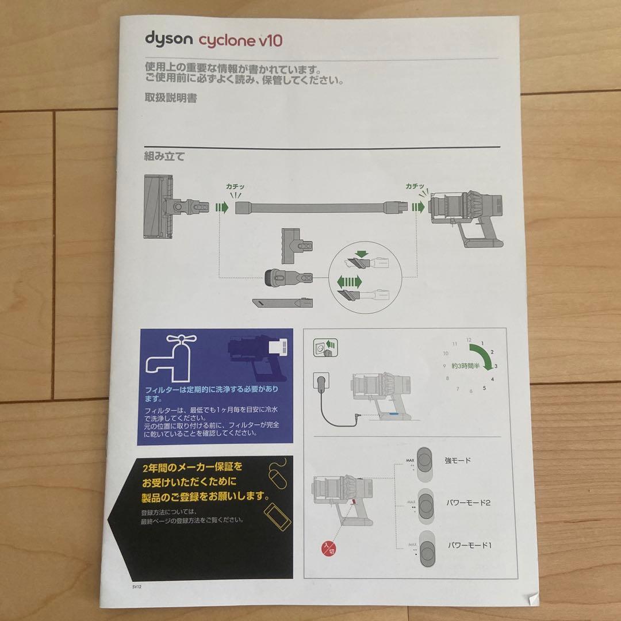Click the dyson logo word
click(168, 40)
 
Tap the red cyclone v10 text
click(240, 40)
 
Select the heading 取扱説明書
click(171, 98)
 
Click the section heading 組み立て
click(164, 156)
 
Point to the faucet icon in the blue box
click(171, 358)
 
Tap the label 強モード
click(458, 460)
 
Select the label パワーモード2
click(469, 503)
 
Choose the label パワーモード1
click(470, 545)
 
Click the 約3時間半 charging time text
click(465, 366)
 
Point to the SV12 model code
click(137, 587)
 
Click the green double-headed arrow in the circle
click(350, 282)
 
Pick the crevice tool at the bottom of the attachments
click(282, 303)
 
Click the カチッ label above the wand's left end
click(235, 186)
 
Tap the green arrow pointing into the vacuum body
click(418, 207)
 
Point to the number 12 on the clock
click(469, 340)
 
